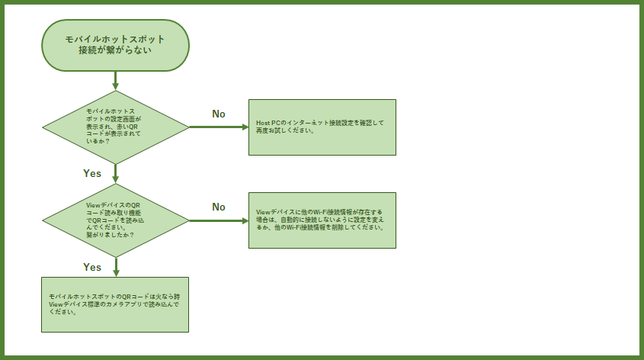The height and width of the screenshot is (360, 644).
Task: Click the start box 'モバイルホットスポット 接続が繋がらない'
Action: click(x=116, y=45)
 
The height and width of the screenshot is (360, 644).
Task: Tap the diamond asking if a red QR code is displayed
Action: click(x=116, y=127)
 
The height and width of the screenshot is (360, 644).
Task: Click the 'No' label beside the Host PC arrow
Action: click(x=219, y=114)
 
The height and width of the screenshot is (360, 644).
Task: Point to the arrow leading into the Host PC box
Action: click(x=219, y=127)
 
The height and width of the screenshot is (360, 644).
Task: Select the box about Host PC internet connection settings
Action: click(x=322, y=127)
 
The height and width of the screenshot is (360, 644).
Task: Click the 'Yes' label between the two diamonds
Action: click(x=92, y=173)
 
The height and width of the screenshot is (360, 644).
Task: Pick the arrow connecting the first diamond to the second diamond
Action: click(x=116, y=173)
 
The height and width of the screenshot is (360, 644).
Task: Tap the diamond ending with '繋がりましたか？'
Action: click(x=116, y=220)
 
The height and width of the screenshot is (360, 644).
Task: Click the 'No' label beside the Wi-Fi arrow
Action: click(x=219, y=207)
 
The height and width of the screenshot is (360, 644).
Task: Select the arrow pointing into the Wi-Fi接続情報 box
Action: click(x=219, y=220)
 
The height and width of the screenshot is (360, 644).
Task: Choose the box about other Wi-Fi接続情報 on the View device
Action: click(x=322, y=220)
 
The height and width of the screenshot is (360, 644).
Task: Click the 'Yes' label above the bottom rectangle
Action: click(x=92, y=267)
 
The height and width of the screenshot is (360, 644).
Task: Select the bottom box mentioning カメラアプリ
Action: click(x=114, y=304)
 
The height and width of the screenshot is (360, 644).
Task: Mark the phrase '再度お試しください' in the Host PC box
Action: click(x=285, y=130)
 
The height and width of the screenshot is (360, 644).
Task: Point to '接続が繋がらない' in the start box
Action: click(x=115, y=50)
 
